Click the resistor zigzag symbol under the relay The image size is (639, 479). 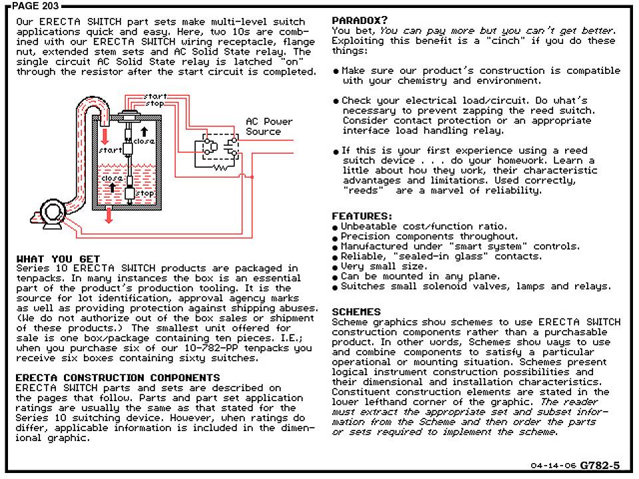coord(220,167)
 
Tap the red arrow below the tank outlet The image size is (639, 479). coord(108,216)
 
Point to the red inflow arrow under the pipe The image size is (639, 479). coord(105,136)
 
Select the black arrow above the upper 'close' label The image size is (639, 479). coord(144,132)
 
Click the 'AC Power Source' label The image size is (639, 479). coord(269,126)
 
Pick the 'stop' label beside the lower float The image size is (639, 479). coord(144,193)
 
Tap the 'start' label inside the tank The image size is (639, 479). coord(110,150)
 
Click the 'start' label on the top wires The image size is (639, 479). coord(155,96)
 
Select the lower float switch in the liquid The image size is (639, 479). coord(130,194)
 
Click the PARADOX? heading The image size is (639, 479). coord(359,21)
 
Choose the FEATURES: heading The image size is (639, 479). coord(361,216)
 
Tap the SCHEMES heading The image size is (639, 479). coord(356,312)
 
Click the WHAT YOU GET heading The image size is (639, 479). coord(58,259)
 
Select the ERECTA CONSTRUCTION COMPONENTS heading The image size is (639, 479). coord(118,378)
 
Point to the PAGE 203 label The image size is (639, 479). coord(35,6)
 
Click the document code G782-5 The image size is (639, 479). coord(600,465)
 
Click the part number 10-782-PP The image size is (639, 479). coord(212,348)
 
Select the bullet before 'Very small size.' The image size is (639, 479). coord(335,268)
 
